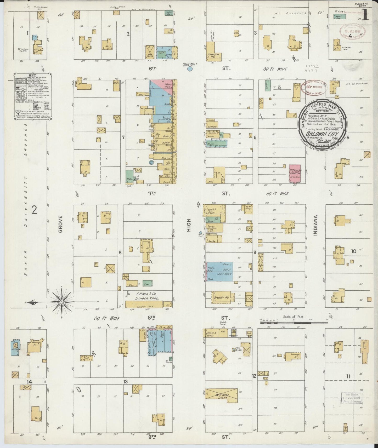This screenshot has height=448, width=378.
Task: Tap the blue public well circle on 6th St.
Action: pos(190,69)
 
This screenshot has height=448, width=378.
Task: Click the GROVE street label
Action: pos(60,224)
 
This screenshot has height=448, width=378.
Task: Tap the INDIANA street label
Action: pos(315,225)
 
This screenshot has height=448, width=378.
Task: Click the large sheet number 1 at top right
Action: pos(365,14)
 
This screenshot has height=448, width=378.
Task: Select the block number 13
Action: pos(126,382)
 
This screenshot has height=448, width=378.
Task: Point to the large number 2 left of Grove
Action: pos(34,209)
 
